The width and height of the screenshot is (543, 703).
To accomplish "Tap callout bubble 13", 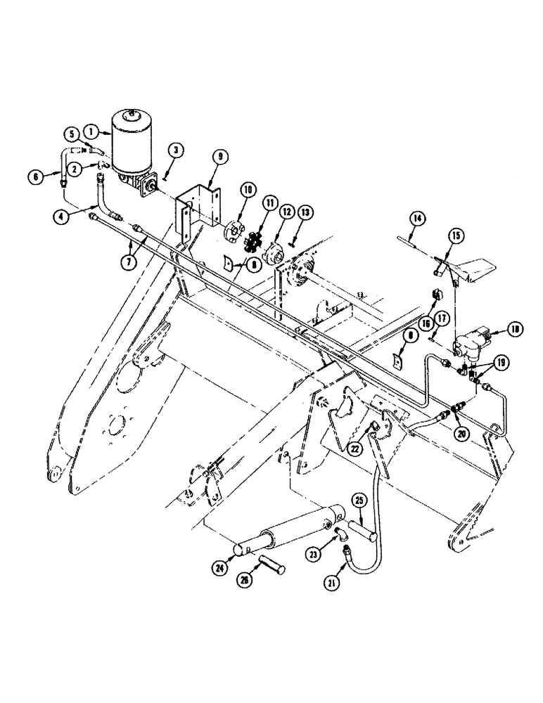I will coord(303,213).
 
